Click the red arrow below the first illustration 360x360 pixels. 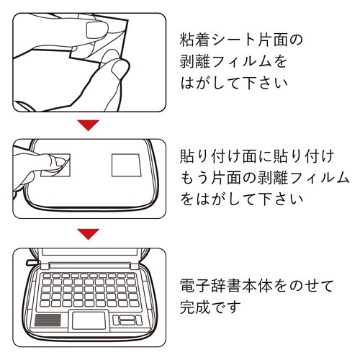coord(89,125)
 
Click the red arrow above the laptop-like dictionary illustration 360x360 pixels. coord(89,233)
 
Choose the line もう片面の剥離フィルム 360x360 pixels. coord(264,177)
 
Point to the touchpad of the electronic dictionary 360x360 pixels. coord(89,321)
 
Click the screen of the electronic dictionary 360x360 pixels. coord(89,258)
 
